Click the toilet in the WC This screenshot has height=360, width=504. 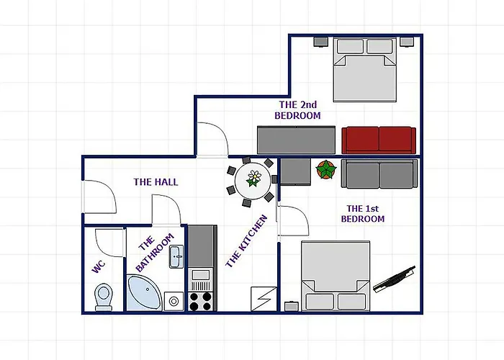click(104, 297)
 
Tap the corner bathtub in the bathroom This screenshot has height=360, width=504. click(144, 292)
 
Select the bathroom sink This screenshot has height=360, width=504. click(176, 256)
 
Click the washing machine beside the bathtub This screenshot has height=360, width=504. click(174, 301)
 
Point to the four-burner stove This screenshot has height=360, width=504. click(200, 301)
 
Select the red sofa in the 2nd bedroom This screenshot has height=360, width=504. click(379, 140)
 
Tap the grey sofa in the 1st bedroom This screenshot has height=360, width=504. click(379, 174)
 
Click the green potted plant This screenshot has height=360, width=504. click(326, 169)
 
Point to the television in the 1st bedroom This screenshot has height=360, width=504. click(394, 279)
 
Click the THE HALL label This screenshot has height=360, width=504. click(156, 182)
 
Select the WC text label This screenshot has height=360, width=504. click(99, 267)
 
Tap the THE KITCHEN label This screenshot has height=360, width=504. click(246, 241)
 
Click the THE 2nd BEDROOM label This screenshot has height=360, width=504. click(297, 110)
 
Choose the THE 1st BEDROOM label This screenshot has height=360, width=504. click(363, 214)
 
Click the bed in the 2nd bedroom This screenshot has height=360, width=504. click(365, 70)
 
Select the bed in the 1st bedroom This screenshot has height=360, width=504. click(336, 276)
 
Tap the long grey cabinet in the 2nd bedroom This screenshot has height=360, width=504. click(296, 140)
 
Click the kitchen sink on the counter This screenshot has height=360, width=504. click(201, 275)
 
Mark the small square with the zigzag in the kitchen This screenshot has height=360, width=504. click(264, 299)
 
